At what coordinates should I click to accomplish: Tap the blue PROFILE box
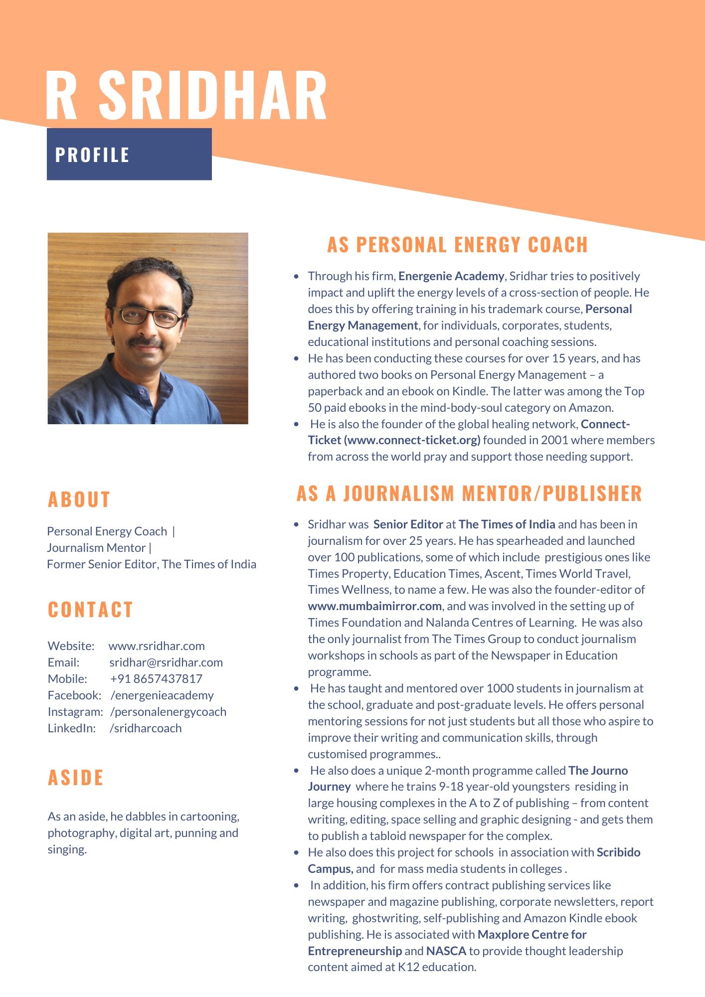click(x=129, y=154)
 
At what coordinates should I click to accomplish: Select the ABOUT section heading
click(x=79, y=499)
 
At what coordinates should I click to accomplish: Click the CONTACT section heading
click(x=90, y=610)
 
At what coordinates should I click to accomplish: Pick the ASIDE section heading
click(x=76, y=778)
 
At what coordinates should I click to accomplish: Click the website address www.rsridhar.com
click(x=157, y=646)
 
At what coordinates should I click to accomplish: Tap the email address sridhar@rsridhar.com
click(x=166, y=663)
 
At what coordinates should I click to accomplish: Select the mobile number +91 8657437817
click(x=156, y=679)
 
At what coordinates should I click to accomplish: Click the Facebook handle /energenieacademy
click(x=162, y=695)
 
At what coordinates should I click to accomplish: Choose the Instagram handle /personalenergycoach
click(x=169, y=712)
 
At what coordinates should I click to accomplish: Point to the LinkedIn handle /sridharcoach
click(x=146, y=728)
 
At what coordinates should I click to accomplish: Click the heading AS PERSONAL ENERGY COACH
click(x=457, y=245)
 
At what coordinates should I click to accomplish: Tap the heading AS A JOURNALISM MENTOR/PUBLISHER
click(x=469, y=494)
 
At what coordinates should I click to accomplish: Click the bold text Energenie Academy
click(x=451, y=276)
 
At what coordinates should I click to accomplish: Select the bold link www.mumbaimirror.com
click(x=374, y=606)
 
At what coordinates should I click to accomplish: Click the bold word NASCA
click(x=446, y=951)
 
